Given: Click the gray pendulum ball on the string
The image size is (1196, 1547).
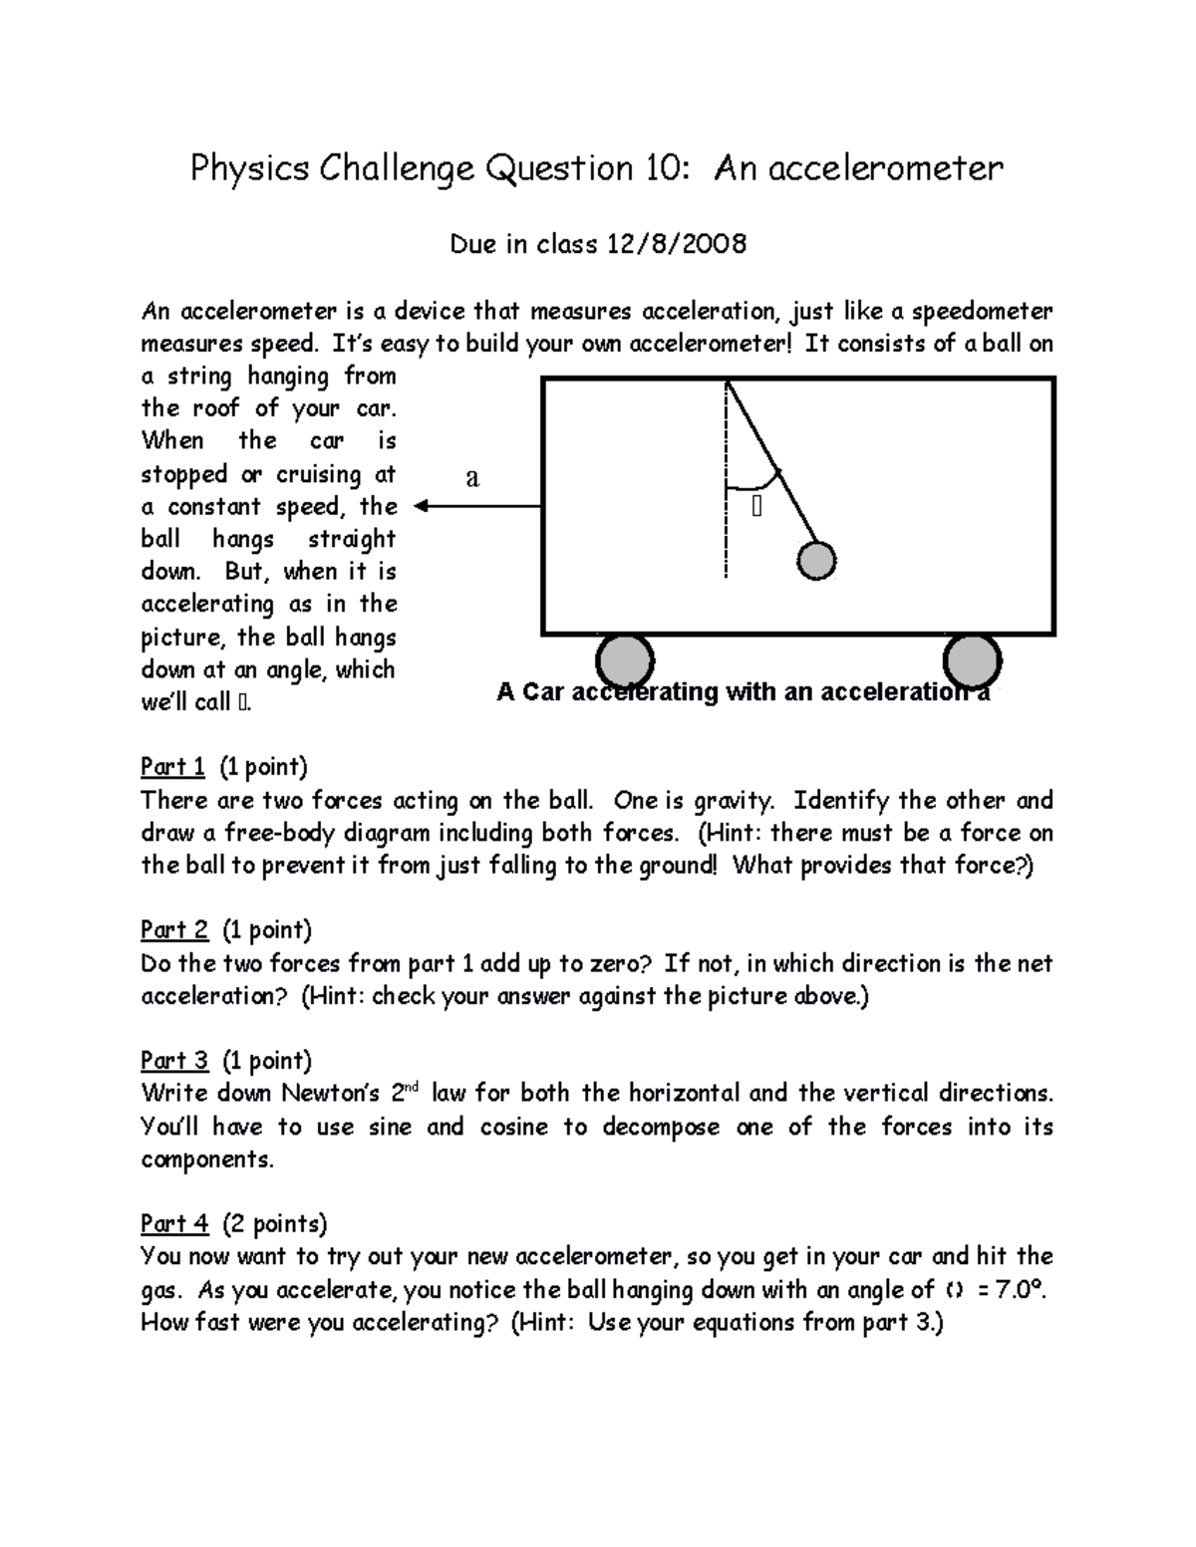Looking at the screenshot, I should (x=816, y=561).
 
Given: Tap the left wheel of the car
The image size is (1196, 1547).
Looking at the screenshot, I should (x=624, y=661).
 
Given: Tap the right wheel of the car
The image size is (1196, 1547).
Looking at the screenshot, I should (x=972, y=661).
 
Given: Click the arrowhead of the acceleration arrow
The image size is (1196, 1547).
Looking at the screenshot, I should (x=422, y=506).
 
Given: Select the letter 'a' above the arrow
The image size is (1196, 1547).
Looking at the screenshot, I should (x=472, y=478).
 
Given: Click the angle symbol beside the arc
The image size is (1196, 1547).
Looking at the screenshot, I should (x=756, y=508).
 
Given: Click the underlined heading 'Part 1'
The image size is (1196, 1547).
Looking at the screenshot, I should (x=172, y=766).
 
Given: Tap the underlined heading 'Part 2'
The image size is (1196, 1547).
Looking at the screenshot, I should (x=174, y=929).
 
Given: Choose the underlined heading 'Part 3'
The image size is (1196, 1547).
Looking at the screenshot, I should (x=174, y=1060).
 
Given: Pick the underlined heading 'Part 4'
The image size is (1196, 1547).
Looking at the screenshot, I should (x=174, y=1223).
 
